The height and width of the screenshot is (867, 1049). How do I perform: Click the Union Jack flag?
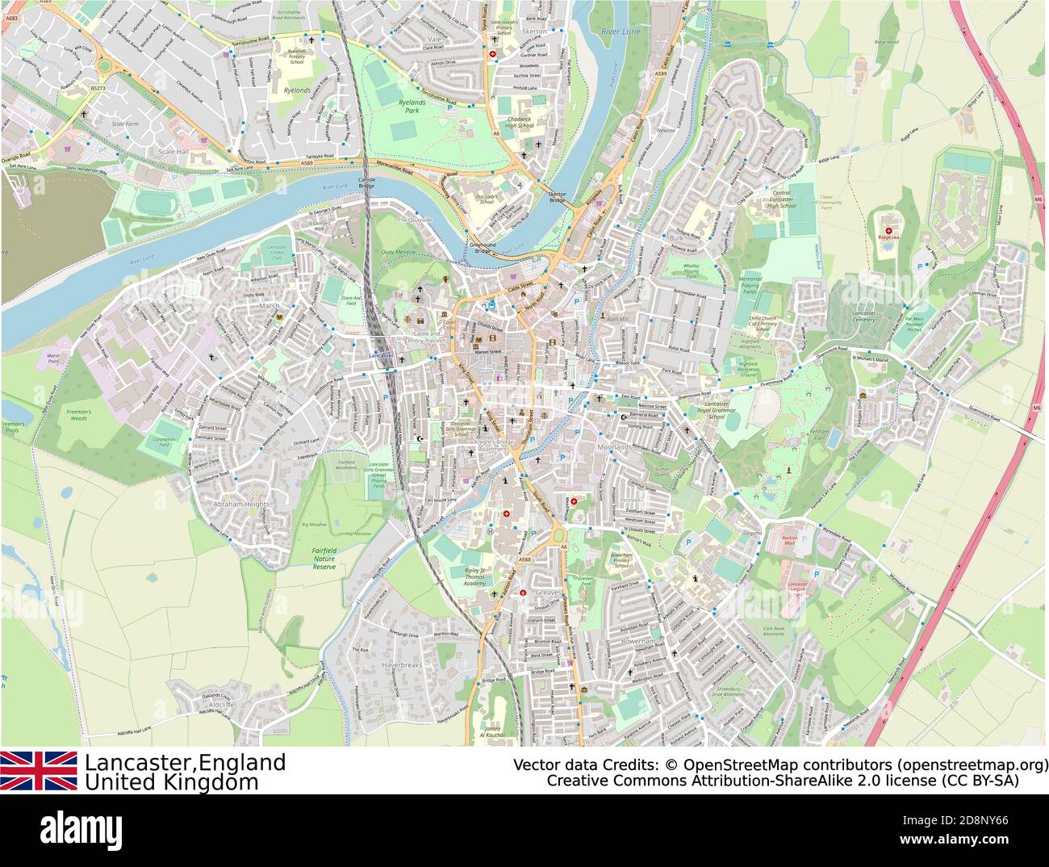click(39, 771)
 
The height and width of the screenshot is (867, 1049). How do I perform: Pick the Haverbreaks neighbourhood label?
click(401, 665)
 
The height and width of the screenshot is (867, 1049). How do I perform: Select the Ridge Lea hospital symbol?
click(888, 230)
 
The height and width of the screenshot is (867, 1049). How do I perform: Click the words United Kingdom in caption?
click(172, 782)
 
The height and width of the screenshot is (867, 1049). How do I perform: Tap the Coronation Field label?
click(165, 442)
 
